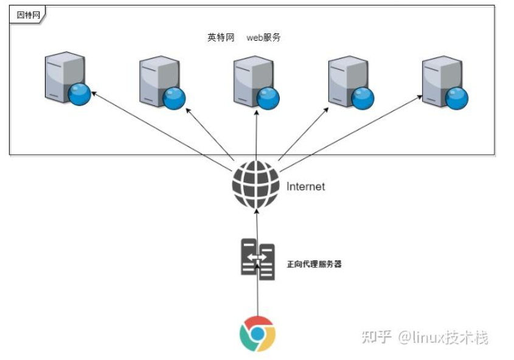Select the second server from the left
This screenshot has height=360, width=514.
(x=160, y=82)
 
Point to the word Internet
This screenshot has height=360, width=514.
(x=305, y=187)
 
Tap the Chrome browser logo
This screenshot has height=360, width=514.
(x=257, y=334)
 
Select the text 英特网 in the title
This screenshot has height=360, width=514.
(x=220, y=38)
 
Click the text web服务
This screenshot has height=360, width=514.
(x=263, y=38)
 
